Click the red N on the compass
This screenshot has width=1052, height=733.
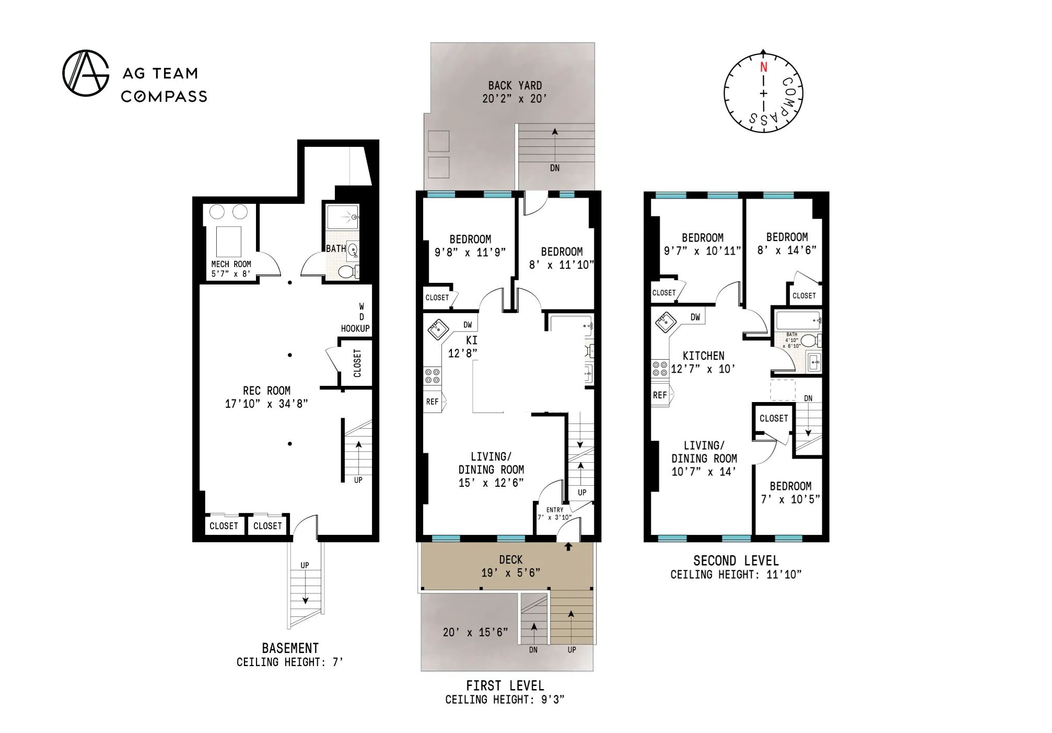[x=763, y=67]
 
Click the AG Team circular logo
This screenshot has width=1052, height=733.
[x=85, y=73]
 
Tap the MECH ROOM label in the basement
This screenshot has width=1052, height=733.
[x=231, y=269]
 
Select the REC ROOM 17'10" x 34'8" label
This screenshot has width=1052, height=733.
[x=266, y=397]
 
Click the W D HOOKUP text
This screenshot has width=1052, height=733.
[x=356, y=317]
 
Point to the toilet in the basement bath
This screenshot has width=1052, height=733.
[x=346, y=271]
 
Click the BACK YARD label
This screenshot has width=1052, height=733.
[x=515, y=92]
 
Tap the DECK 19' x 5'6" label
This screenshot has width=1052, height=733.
[x=510, y=566]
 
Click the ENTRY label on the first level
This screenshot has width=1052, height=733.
[x=555, y=510]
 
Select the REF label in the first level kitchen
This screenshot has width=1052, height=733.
[x=432, y=402]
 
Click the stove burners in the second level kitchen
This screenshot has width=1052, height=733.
[x=660, y=368]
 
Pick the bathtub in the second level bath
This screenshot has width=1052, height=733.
[x=798, y=320]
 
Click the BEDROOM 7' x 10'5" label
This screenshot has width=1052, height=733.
[x=790, y=493]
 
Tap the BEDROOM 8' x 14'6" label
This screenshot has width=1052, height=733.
[x=787, y=244]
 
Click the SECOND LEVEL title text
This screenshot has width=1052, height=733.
[x=735, y=560]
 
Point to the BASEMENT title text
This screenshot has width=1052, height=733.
[x=290, y=648]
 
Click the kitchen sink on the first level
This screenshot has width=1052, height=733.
[x=438, y=329]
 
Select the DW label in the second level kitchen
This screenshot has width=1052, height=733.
[x=695, y=317]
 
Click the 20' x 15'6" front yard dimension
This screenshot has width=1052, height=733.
[x=475, y=632]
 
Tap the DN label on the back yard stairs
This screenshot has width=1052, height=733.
[x=554, y=168]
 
